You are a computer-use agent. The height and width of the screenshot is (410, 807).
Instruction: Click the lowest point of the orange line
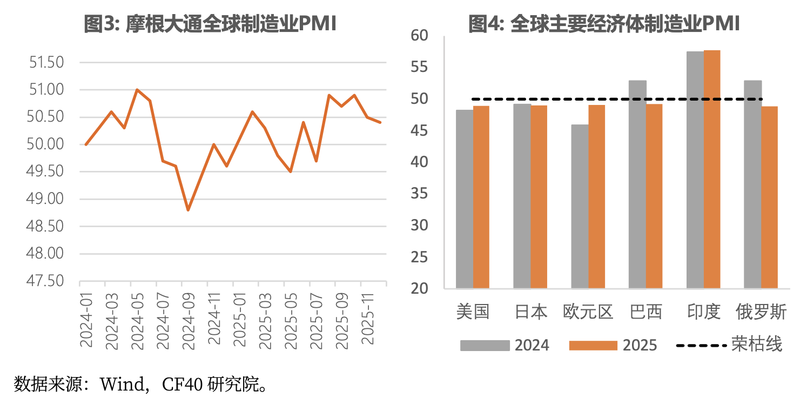(x=188, y=210)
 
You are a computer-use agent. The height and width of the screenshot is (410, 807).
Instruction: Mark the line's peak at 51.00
(x=137, y=90)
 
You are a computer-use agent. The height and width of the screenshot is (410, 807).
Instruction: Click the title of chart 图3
(x=210, y=24)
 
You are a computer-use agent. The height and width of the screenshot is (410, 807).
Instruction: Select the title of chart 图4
(x=603, y=24)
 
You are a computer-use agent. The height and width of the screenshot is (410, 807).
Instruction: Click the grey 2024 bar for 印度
(x=695, y=170)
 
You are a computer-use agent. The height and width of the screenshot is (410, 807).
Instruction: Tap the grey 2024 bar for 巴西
(x=637, y=184)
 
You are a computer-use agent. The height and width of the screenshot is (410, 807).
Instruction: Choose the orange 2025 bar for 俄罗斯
(x=769, y=197)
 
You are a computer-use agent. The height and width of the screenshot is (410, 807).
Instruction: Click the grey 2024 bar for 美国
(x=465, y=199)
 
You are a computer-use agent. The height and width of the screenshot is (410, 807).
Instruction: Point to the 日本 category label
(x=530, y=312)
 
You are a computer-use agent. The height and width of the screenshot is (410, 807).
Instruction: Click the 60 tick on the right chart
(x=419, y=36)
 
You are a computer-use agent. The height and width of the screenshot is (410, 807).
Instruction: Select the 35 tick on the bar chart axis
(x=419, y=194)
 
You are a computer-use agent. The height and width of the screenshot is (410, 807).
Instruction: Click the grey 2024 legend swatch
(x=485, y=346)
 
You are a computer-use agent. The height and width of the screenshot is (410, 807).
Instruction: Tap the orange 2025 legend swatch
(x=593, y=346)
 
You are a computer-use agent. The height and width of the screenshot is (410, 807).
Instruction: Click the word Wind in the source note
(x=122, y=385)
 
